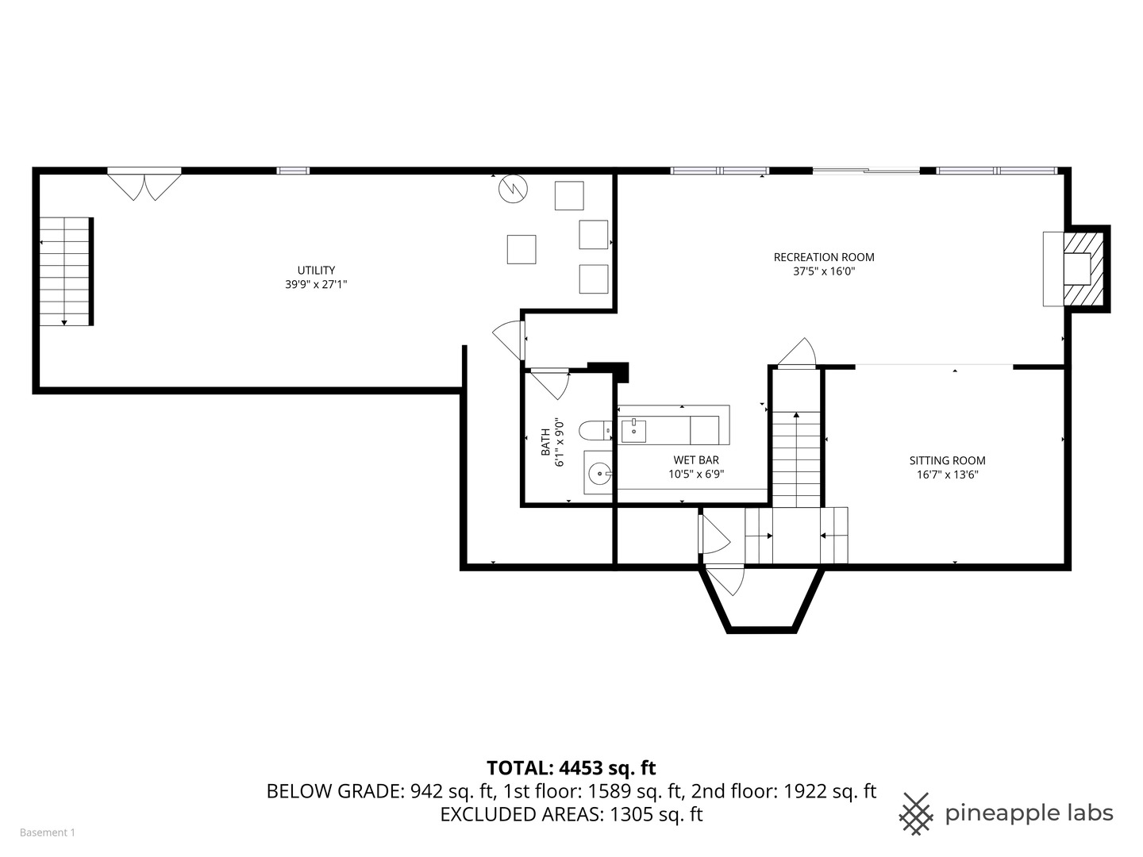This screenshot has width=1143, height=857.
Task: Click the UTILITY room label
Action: pyautogui.click(x=316, y=270)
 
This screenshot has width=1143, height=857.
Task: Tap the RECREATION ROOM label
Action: pyautogui.click(x=823, y=257)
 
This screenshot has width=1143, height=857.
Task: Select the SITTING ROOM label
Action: pyautogui.click(x=947, y=460)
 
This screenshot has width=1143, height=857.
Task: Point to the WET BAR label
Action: pyautogui.click(x=695, y=460)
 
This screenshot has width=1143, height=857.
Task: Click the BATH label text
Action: pyautogui.click(x=546, y=442)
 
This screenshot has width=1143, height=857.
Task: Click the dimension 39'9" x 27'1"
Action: pyautogui.click(x=316, y=284)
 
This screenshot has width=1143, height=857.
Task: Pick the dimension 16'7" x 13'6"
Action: pyautogui.click(x=947, y=475)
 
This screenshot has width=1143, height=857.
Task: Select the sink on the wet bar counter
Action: pyautogui.click(x=633, y=431)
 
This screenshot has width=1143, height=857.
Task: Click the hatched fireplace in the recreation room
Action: pyautogui.click(x=1083, y=268)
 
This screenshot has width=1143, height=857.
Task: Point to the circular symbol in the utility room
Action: pyautogui.click(x=512, y=189)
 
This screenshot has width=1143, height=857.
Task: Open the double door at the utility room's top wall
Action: pyautogui.click(x=144, y=185)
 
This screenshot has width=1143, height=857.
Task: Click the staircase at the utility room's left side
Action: pyautogui.click(x=67, y=271)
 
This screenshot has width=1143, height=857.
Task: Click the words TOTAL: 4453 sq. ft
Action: pyautogui.click(x=571, y=768)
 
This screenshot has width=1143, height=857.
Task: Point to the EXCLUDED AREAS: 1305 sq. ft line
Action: pyautogui.click(x=571, y=814)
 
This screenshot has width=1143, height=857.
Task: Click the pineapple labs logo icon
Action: pyautogui.click(x=916, y=813)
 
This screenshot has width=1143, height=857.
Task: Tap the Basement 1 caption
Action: pyautogui.click(x=48, y=832)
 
